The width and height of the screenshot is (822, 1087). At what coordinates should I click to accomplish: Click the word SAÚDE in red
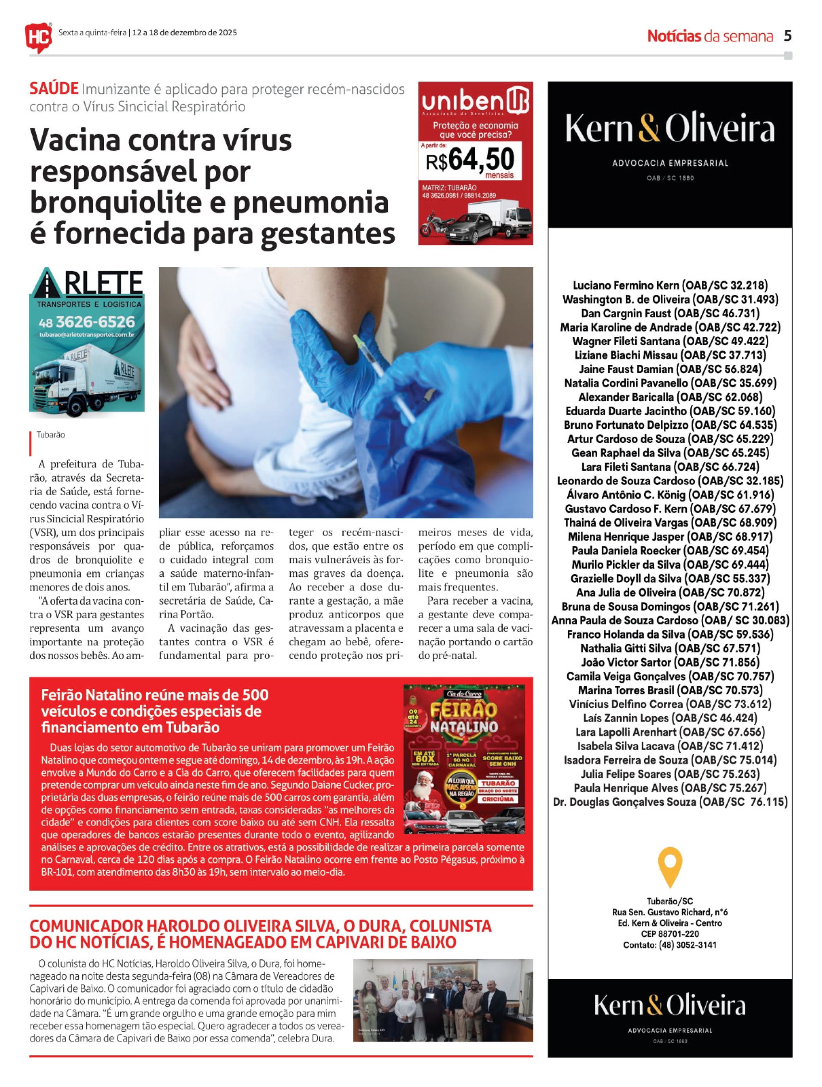54,89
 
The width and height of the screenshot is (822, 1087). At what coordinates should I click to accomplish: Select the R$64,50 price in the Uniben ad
470,160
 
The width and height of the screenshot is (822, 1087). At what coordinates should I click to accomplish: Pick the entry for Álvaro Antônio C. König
623,495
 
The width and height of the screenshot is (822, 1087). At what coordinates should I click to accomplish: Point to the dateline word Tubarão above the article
51,435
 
